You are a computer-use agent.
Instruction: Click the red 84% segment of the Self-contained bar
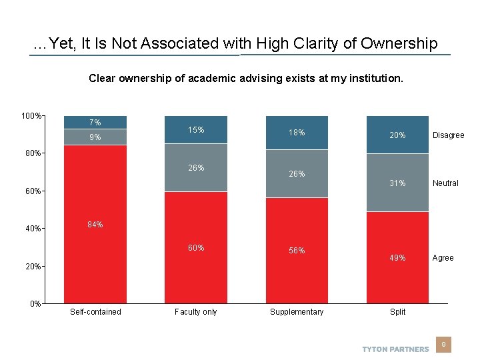[95, 224]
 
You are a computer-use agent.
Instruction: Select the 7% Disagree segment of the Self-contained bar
[95, 122]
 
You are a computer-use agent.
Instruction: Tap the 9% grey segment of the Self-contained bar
[95, 137]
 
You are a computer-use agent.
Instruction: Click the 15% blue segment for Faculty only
[196, 130]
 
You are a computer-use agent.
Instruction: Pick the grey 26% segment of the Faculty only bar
[196, 168]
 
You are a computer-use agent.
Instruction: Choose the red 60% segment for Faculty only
[196, 247]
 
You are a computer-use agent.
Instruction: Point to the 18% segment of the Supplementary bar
[297, 133]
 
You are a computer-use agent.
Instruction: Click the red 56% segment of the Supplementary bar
[297, 251]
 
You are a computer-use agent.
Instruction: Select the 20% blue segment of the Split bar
[397, 135]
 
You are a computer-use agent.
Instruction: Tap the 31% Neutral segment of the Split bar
[397, 183]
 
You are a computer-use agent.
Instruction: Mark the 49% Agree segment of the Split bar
[397, 257]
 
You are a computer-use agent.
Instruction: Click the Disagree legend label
[448, 135]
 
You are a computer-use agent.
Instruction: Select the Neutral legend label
[445, 183]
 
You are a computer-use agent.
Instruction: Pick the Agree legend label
[443, 258]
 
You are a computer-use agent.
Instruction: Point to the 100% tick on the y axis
[31, 116]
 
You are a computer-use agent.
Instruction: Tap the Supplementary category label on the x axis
[297, 312]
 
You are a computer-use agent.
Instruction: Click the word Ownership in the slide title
[399, 44]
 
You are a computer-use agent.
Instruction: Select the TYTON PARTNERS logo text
[395, 349]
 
